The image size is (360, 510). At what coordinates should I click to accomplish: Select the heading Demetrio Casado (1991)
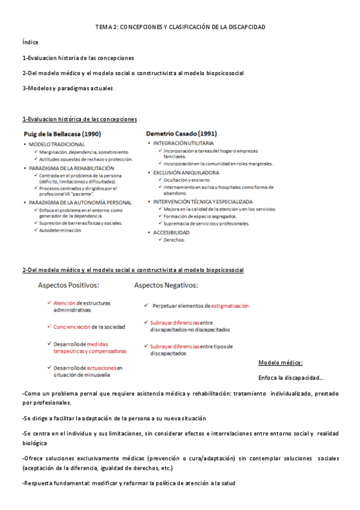pos(182,134)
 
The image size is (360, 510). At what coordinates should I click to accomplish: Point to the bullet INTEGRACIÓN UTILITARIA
pos(183,144)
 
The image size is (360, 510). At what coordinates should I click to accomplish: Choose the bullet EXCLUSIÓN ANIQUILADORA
pos(186,173)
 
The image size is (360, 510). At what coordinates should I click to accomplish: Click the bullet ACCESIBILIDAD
pos(171,232)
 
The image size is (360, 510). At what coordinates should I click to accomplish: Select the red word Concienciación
pos(72,327)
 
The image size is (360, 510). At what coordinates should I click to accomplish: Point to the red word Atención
pos(64,303)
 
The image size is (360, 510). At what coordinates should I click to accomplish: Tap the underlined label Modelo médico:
pos(280,363)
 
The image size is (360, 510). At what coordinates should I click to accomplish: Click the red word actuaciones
pos(101,367)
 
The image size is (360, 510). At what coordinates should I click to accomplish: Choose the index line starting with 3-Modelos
pos(67,88)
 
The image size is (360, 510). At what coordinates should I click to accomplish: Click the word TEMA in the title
pos(104,27)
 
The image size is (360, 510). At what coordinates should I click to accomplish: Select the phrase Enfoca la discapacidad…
pos(291,378)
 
